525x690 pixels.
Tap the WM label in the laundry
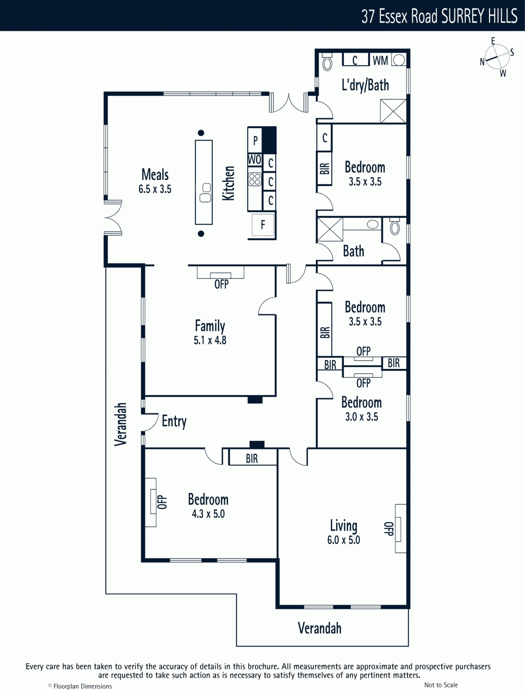tap(380, 60)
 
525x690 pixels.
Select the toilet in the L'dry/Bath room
tap(327, 62)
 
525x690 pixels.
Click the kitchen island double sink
tap(205, 193)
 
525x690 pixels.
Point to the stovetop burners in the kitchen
tap(255, 179)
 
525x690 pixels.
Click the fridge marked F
tap(263, 225)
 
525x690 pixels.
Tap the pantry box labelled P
tap(255, 140)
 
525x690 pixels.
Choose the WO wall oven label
tap(255, 160)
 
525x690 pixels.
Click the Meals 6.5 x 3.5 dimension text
tap(155, 189)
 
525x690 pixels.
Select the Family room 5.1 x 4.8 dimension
tap(210, 340)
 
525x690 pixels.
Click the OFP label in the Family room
tap(221, 284)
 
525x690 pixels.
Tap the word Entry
tap(174, 421)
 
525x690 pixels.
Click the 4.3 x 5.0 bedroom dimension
tap(208, 514)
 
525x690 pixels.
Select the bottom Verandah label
tap(319, 628)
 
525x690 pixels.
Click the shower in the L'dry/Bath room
tap(393, 111)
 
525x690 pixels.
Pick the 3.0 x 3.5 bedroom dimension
tap(362, 417)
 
